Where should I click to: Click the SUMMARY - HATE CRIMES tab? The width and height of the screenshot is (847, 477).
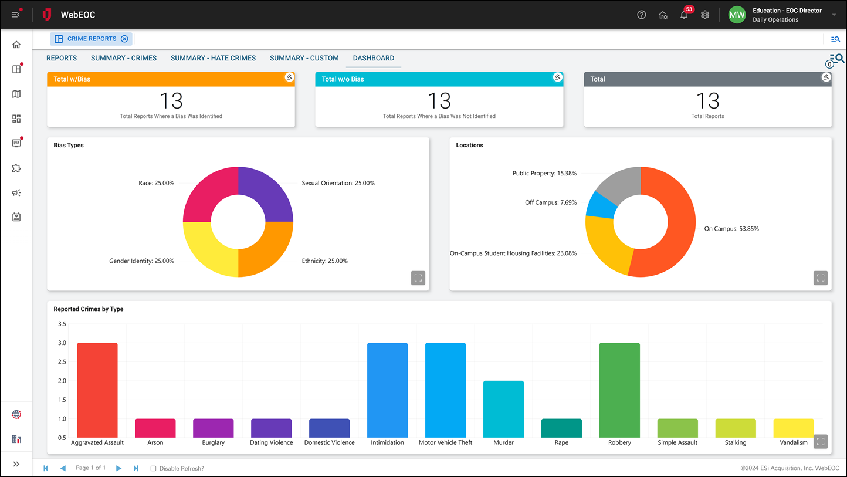tap(213, 58)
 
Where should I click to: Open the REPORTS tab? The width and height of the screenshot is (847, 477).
tap(62, 58)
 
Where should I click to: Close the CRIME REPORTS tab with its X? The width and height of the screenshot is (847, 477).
tap(124, 39)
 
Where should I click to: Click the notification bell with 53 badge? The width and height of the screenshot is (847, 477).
tap(684, 15)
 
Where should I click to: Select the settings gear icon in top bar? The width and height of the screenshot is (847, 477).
tap(705, 15)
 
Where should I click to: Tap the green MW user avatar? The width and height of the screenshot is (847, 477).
tap(737, 15)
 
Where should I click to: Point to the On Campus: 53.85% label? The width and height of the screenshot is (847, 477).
tap(731, 229)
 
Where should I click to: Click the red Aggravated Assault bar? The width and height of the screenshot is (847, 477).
tap(97, 390)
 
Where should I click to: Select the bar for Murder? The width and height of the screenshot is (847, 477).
tap(503, 408)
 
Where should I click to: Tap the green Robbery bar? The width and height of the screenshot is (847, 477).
tap(619, 390)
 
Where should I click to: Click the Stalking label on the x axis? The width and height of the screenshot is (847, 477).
tap(736, 442)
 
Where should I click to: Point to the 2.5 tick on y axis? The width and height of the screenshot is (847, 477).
tap(62, 362)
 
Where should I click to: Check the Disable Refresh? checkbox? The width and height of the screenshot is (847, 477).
tap(153, 468)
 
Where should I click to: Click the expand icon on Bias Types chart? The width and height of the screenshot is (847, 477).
tap(418, 278)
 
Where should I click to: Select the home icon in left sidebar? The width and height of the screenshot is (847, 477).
tap(16, 45)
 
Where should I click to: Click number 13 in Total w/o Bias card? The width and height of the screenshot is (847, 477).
tap(439, 101)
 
